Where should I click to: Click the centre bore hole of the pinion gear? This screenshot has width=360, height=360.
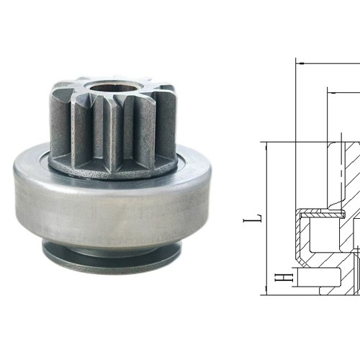109,93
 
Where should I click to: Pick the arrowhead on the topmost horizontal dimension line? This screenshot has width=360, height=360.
300,63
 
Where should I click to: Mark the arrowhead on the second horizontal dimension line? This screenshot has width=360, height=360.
331,90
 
